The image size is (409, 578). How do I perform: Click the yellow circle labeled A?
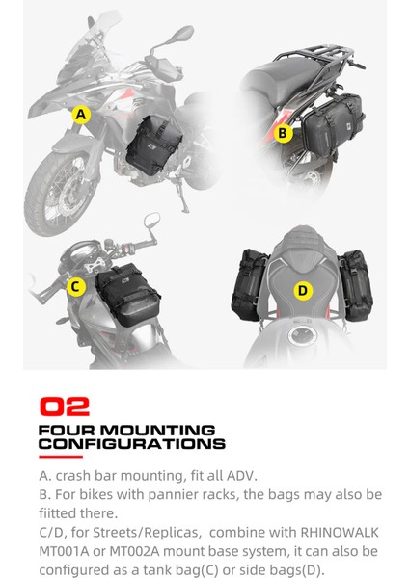[81, 115]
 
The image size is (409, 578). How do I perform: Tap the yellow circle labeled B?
[283, 134]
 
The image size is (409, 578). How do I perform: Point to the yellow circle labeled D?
[302, 290]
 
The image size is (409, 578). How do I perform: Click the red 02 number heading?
[65, 407]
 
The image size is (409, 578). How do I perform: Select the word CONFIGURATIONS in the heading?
[132, 444]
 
